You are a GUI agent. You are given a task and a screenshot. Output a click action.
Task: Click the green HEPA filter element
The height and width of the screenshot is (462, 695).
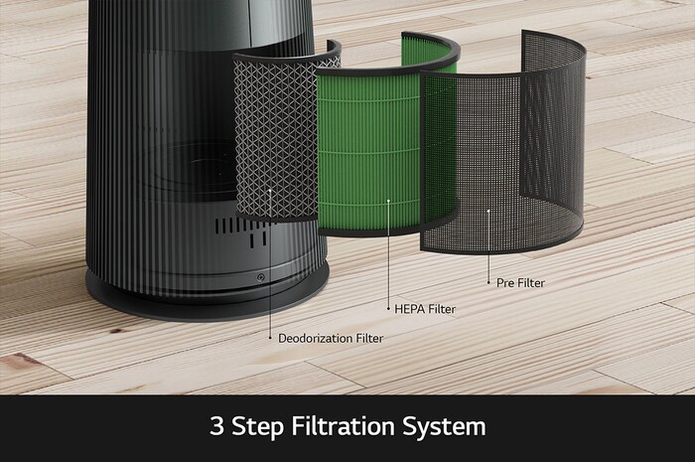click(x=367, y=149)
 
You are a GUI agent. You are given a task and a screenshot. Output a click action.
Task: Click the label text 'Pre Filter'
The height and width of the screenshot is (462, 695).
click(x=519, y=283)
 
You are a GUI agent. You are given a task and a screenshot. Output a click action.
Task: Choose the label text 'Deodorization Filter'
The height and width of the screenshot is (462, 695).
click(x=330, y=338)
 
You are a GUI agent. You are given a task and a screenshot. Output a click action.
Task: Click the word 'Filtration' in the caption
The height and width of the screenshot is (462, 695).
click(x=343, y=427)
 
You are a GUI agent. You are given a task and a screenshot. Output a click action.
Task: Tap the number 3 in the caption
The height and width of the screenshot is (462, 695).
click(x=216, y=427)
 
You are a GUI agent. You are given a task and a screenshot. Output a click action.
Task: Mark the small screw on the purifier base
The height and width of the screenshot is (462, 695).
click(x=261, y=278)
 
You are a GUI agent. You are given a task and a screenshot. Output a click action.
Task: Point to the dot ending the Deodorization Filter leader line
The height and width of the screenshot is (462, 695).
click(x=269, y=338)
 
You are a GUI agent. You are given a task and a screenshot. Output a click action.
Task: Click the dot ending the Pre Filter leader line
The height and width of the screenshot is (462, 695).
click(x=487, y=283)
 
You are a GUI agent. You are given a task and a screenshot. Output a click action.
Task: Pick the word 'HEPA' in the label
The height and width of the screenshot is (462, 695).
click(x=410, y=309)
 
